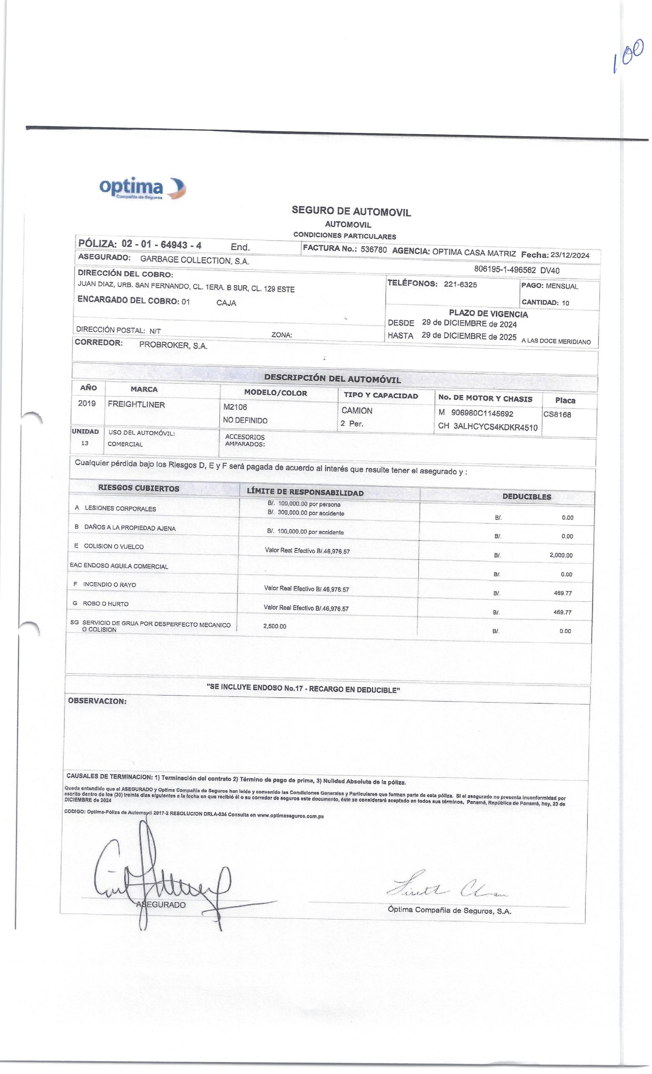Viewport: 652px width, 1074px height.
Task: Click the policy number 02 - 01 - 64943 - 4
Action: (x=161, y=245)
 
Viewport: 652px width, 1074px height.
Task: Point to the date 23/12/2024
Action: (x=570, y=255)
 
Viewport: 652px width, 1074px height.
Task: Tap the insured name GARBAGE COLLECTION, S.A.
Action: (x=194, y=261)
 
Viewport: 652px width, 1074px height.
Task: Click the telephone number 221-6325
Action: (x=460, y=284)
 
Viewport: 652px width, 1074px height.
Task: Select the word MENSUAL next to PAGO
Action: (x=562, y=287)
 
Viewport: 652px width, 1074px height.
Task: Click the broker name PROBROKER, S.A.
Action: (x=173, y=345)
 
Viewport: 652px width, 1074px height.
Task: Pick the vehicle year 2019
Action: (x=87, y=403)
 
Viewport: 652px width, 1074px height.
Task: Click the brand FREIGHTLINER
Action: (x=136, y=404)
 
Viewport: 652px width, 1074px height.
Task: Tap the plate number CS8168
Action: (x=557, y=414)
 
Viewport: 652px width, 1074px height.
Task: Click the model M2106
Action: (x=235, y=407)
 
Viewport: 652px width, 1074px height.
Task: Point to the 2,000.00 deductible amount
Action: (x=561, y=555)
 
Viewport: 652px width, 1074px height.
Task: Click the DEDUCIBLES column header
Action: (x=527, y=496)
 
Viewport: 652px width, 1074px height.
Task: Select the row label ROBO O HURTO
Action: (x=105, y=604)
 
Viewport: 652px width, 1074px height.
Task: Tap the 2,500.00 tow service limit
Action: (x=274, y=626)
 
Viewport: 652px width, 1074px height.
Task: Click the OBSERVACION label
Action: (x=97, y=701)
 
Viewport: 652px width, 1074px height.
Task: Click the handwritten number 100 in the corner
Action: (x=628, y=56)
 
